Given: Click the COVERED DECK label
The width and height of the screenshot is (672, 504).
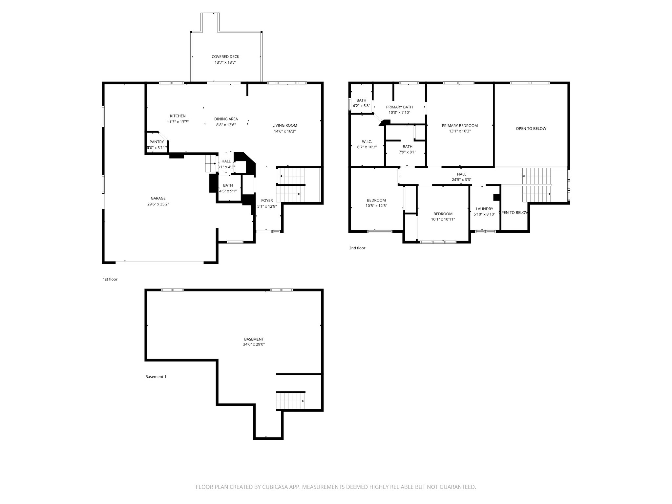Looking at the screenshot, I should coord(225,57).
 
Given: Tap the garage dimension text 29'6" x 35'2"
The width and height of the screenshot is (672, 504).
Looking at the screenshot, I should coord(158,204).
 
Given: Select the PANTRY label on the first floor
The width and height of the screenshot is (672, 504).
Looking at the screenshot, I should coord(157,142).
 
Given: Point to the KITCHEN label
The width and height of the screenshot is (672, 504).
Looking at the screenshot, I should coord(178,116).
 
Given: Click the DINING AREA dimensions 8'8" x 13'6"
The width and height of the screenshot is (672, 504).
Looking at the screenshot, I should coord(226,125).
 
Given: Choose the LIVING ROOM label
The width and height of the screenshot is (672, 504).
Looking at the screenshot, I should coord(284,125).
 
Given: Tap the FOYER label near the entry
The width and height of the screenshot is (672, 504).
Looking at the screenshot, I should coord(267,200).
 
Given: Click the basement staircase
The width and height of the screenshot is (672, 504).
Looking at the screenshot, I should coord(290,401).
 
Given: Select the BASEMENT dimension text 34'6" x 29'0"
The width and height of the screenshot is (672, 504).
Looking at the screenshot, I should coord(254,345).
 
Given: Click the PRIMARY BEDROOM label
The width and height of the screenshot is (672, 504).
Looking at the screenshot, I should coord(459,126).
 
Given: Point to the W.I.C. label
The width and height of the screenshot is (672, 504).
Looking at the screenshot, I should coord(367,141).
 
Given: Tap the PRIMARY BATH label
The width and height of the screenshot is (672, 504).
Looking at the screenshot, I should coord(399,107).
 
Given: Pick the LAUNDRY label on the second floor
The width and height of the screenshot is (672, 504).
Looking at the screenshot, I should coord(484,209).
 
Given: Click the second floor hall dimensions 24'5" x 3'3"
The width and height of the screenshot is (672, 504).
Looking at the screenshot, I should coord(461,180).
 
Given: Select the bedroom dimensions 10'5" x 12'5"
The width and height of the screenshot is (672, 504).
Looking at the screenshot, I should coord(376,206).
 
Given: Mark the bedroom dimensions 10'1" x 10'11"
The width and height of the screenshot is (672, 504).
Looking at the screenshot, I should coord(443,220).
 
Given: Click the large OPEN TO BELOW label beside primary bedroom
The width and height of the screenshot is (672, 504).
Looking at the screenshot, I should coord(531,129).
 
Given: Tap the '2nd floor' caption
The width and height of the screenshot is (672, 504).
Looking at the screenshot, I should coord(357,248).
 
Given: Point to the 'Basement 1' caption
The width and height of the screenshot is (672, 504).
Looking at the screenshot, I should coord(156,377).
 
